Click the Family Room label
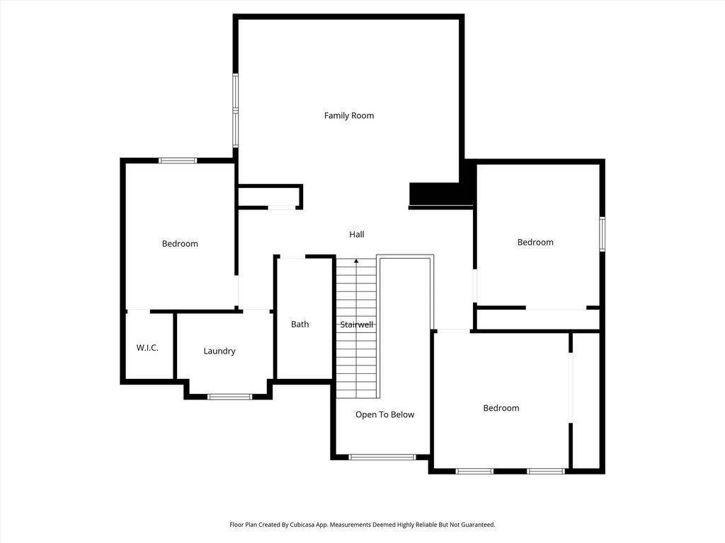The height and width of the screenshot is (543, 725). pyautogui.click(x=349, y=115)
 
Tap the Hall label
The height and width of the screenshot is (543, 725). pyautogui.click(x=357, y=235)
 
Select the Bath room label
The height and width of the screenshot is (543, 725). pyautogui.click(x=299, y=324)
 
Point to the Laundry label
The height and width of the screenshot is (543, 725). pyautogui.click(x=219, y=351)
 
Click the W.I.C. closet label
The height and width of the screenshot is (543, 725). pyautogui.click(x=147, y=348)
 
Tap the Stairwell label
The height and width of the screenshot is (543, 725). pyautogui.click(x=357, y=325)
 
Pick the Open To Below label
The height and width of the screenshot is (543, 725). pyautogui.click(x=384, y=414)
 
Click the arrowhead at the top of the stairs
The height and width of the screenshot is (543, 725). pyautogui.click(x=356, y=262)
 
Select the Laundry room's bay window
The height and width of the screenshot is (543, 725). pyautogui.click(x=230, y=397)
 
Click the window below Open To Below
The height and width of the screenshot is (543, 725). pyautogui.click(x=382, y=457)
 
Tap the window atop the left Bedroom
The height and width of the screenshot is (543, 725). pyautogui.click(x=178, y=160)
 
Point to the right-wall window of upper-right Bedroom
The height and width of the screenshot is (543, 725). pyautogui.click(x=602, y=234)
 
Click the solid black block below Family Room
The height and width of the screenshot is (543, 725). pyautogui.click(x=441, y=194)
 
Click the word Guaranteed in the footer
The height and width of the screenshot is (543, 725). pyautogui.click(x=478, y=525)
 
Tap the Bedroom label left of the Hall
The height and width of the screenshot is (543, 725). pyautogui.click(x=180, y=244)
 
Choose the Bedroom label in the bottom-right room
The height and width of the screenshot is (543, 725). pyautogui.click(x=501, y=408)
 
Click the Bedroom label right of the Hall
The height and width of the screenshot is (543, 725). pyautogui.click(x=535, y=243)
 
